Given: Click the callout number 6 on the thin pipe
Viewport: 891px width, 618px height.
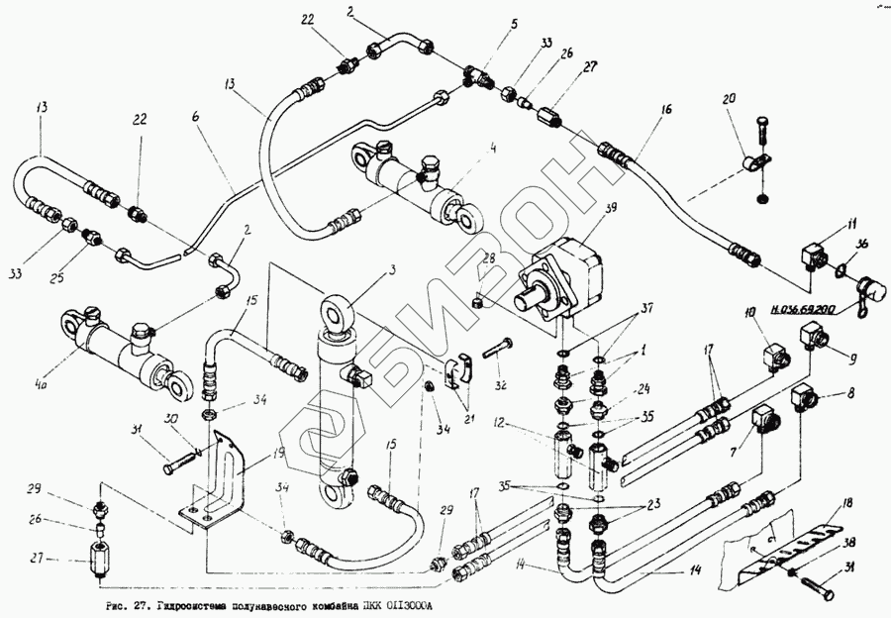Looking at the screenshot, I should click(x=195, y=117).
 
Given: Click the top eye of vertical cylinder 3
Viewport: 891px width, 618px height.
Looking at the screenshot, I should click(x=335, y=311).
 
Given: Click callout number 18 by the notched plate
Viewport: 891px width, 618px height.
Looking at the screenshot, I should click(x=847, y=505).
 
